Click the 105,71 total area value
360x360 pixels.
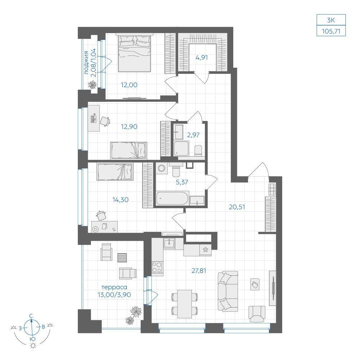click(x=331, y=31)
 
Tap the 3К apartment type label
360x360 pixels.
click(x=331, y=20)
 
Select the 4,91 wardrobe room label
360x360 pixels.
click(x=202, y=58)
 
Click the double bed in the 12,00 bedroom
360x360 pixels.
click(x=135, y=53)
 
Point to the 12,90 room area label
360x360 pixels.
click(x=129, y=126)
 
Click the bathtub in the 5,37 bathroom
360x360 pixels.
click(x=172, y=198)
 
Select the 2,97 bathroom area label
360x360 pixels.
click(x=193, y=135)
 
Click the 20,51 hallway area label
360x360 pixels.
click(x=237, y=207)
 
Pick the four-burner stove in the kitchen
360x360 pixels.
click(x=157, y=268)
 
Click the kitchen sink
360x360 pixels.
click(x=169, y=243)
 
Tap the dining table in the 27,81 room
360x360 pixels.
click(x=184, y=304)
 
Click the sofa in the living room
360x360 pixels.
click(x=228, y=291)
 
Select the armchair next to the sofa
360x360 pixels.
click(x=257, y=314)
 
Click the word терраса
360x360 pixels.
click(x=114, y=287)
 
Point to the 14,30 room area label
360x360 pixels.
click(x=120, y=200)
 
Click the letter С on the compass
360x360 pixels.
click(x=31, y=316)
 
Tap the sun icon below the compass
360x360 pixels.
click(x=33, y=346)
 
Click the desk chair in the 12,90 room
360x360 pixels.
click(x=105, y=121)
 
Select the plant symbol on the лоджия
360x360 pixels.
click(x=92, y=85)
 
